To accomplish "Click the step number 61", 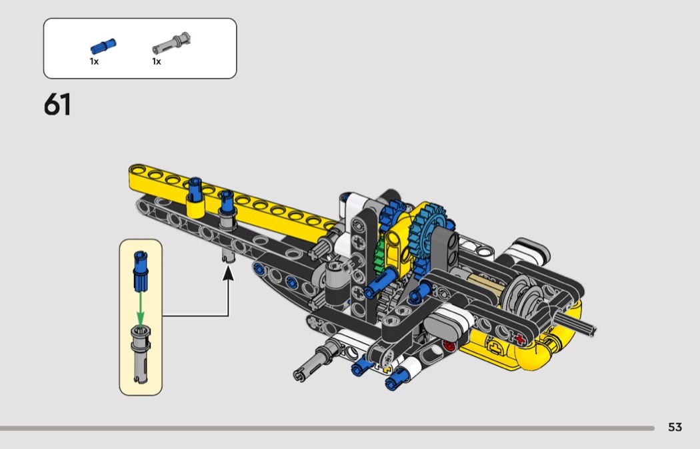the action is pyautogui.click(x=57, y=105).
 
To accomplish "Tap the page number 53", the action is pyautogui.click(x=675, y=427).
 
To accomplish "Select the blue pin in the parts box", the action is pyautogui.click(x=103, y=46).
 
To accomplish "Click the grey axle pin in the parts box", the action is pyautogui.click(x=171, y=43).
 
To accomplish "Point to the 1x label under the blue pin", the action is pyautogui.click(x=94, y=61).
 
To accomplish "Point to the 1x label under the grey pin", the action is pyautogui.click(x=157, y=61).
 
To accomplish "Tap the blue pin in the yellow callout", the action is pyautogui.click(x=141, y=271).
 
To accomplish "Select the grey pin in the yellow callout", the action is pyautogui.click(x=141, y=354).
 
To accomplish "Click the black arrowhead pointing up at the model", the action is pyautogui.click(x=228, y=273).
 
